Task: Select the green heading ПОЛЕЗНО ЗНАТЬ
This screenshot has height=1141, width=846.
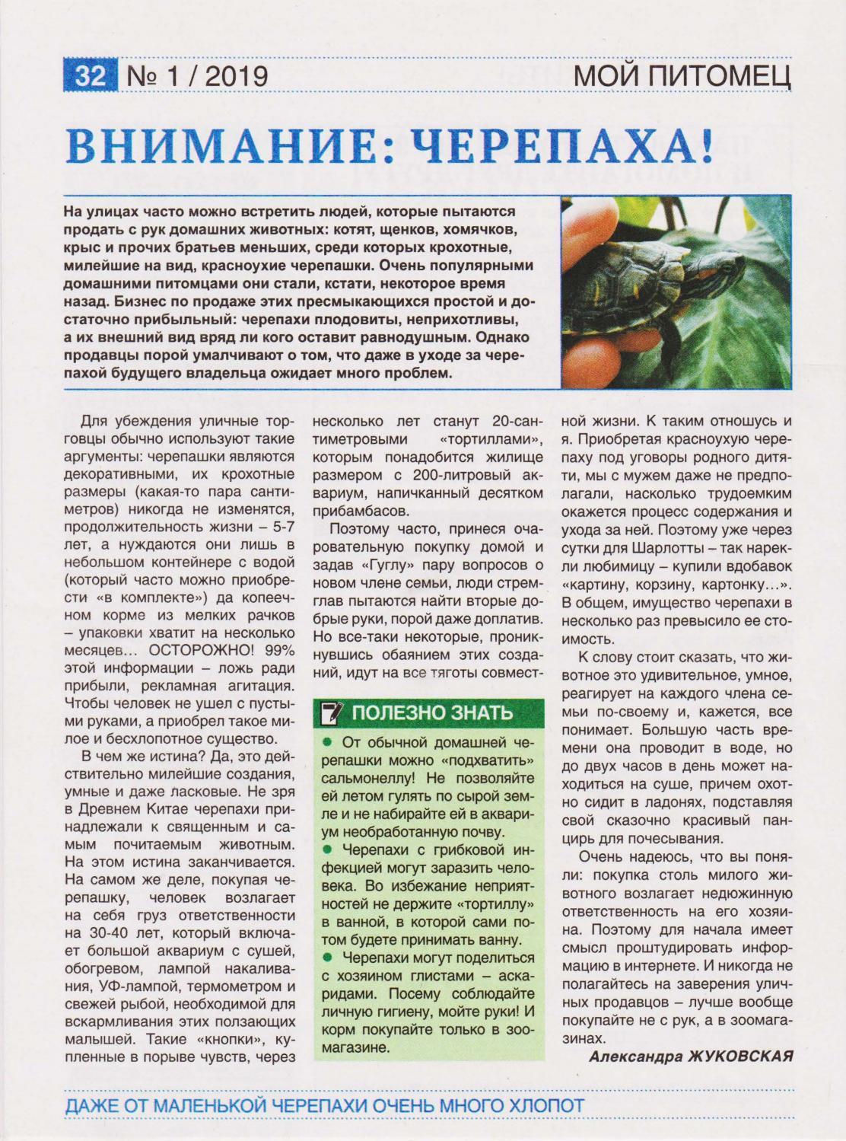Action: point(432,713)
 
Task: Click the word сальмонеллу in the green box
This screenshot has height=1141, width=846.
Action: point(368,779)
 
